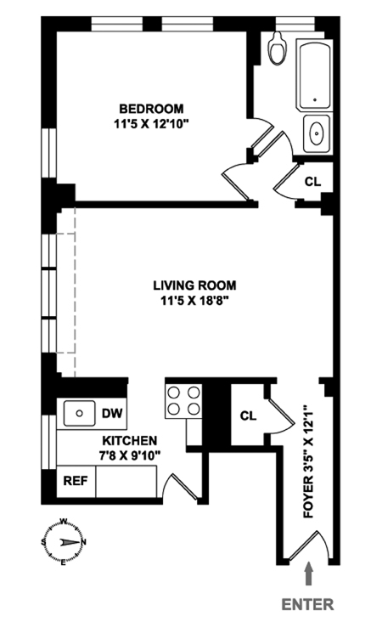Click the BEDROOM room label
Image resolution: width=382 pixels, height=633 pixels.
[x=151, y=109]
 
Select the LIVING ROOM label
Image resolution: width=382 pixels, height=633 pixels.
[x=194, y=285]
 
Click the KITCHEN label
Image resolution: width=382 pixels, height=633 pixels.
[x=130, y=440]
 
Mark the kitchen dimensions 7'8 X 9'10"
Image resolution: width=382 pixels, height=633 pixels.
[x=130, y=455]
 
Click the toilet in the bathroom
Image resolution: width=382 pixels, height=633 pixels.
[x=278, y=48]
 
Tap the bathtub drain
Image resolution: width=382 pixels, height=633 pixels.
[x=315, y=99]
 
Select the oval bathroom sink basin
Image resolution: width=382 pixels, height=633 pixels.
[x=317, y=133]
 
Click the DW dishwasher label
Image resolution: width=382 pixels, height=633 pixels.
[x=112, y=414]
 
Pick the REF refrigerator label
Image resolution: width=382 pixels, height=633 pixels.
[x=76, y=481]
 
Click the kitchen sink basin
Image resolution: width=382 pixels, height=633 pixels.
[x=80, y=414]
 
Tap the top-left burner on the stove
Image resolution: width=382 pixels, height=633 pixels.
[x=174, y=393]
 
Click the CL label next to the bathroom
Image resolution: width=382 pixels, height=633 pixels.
[x=312, y=182]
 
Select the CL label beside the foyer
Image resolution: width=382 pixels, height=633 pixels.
[x=248, y=415]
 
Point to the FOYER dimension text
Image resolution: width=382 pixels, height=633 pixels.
[x=308, y=462]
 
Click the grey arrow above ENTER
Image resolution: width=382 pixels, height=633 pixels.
[x=309, y=574]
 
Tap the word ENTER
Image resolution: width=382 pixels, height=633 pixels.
[x=308, y=604]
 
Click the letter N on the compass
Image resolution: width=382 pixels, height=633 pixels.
[x=83, y=542]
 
